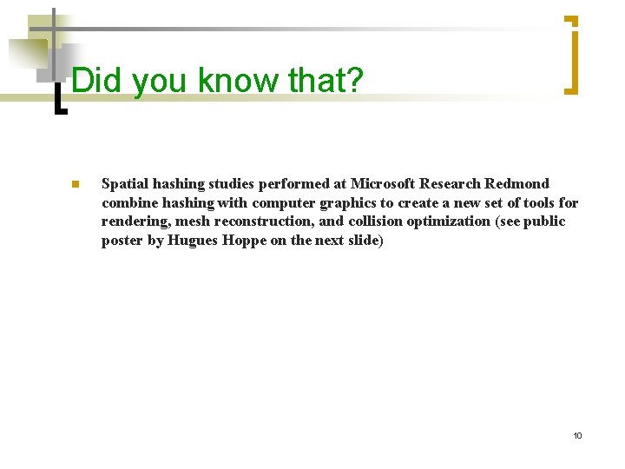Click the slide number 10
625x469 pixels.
click(x=577, y=435)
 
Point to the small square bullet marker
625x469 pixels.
click(x=75, y=184)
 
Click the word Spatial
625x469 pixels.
click(x=125, y=184)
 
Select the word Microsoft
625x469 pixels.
click(x=383, y=184)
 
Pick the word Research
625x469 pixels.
click(x=450, y=184)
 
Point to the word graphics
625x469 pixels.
click(x=333, y=203)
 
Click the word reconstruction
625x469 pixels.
click(x=256, y=222)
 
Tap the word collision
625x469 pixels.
click(x=375, y=222)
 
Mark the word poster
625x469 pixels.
click(x=122, y=241)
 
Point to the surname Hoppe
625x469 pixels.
click(x=243, y=241)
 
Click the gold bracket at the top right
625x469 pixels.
click(x=571, y=54)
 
